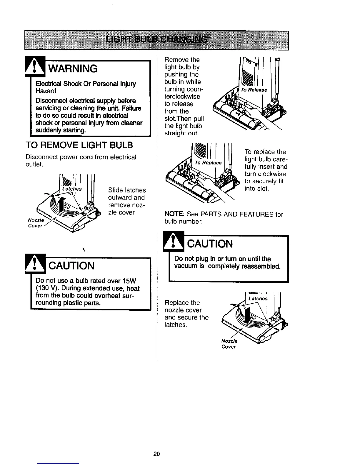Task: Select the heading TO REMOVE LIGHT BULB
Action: [x=79, y=145]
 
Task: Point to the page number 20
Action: [x=156, y=454]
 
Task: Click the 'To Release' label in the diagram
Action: [x=254, y=90]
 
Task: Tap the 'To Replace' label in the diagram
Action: [x=208, y=163]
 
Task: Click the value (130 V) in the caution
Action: [x=46, y=288]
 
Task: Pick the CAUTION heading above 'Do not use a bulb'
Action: [x=71, y=266]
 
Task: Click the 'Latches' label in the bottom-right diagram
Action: [x=258, y=299]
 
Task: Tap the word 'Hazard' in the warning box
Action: [x=46, y=91]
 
